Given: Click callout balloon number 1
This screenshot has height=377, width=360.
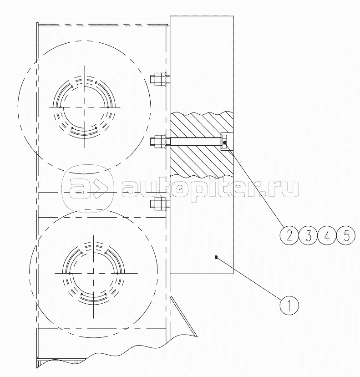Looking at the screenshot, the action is point(289,306).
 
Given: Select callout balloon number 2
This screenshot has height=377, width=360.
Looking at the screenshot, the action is point(289,236).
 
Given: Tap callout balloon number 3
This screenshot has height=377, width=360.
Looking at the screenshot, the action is point(308,236).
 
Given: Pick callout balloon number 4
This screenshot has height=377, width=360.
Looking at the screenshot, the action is point(327,236).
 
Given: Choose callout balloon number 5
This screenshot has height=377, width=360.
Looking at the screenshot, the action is point(346,236).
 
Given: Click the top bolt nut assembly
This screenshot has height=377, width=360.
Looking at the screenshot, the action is point(159,79).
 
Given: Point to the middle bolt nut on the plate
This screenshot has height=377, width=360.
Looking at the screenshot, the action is point(159,142).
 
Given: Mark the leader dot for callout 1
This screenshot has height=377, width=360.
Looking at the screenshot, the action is point(216,257).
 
